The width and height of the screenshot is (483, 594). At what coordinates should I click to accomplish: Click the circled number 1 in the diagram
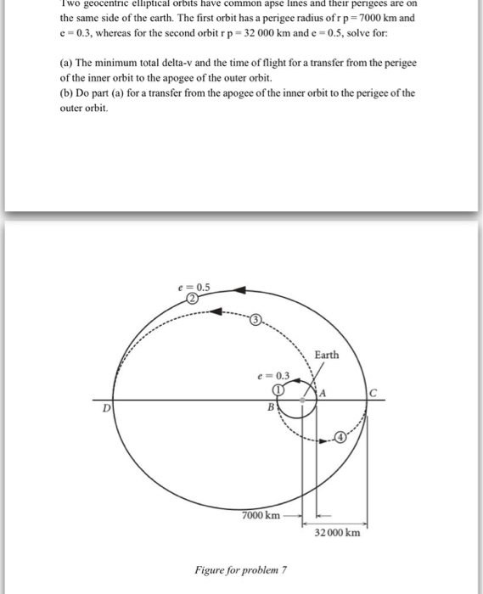click(278, 389)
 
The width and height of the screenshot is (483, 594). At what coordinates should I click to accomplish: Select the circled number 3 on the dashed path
click(256, 319)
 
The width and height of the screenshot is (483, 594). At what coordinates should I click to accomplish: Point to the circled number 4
click(340, 437)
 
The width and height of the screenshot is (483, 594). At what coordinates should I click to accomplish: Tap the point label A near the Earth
click(323, 391)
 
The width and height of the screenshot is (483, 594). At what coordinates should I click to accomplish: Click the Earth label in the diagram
click(326, 354)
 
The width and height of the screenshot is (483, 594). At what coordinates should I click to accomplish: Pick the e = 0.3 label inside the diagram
click(274, 375)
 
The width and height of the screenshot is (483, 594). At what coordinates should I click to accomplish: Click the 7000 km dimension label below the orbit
click(261, 515)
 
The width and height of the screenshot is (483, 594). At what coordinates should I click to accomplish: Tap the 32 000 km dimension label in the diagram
click(338, 533)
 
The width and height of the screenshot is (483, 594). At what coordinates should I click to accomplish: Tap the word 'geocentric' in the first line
click(113, 4)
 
